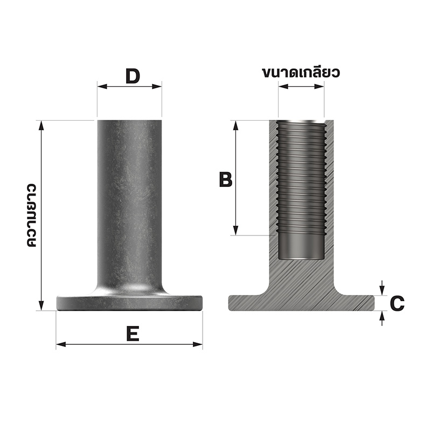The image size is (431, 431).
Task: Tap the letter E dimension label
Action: click(x=133, y=333)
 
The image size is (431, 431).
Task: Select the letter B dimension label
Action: click(x=226, y=179)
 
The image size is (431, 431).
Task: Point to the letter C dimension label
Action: click(x=397, y=303)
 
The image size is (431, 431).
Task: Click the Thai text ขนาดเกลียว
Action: click(x=301, y=73)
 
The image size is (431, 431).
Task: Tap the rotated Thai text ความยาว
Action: click(x=32, y=215)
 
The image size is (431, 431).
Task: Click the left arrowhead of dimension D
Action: click(x=102, y=87)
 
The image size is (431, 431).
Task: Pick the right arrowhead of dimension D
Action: click(x=157, y=87)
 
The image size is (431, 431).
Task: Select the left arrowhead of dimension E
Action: click(x=61, y=344)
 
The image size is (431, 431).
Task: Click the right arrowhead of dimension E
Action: click(x=198, y=344)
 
